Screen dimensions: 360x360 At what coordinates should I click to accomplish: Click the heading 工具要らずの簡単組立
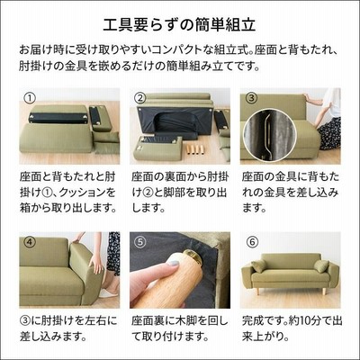[x=179, y=25]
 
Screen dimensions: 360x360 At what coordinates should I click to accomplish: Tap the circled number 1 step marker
[x=30, y=98]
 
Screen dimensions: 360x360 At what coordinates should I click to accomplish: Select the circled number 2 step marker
[x=140, y=98]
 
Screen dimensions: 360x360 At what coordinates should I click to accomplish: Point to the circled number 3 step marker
[x=251, y=98]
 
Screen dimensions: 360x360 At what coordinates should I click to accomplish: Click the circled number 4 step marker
[x=30, y=242]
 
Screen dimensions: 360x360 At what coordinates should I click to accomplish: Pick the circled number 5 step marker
[x=140, y=242]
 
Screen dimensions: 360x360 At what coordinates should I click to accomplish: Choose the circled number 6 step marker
[x=251, y=242]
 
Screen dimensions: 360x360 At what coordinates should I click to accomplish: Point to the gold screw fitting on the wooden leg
[x=194, y=257]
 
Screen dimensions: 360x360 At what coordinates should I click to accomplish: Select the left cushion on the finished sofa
[x=258, y=265]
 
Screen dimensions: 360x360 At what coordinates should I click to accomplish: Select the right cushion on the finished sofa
[x=321, y=266]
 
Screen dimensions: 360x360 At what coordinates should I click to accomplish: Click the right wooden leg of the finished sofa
[x=325, y=292]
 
